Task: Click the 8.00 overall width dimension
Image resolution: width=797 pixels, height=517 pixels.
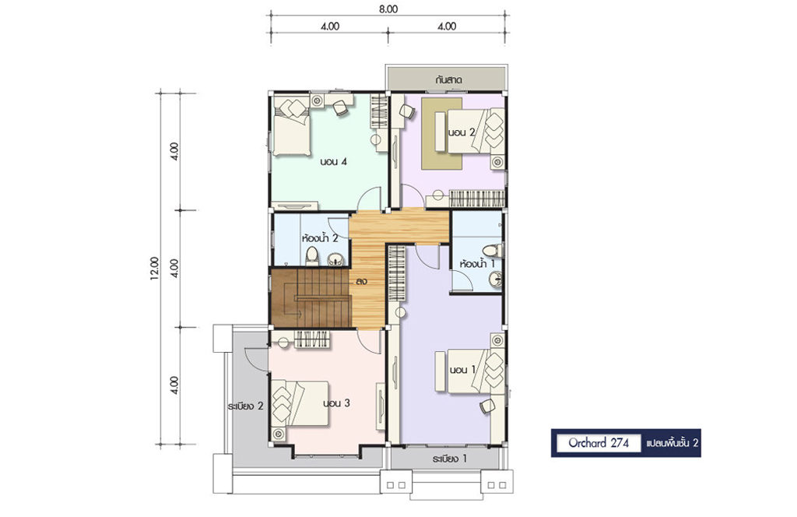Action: (388, 9)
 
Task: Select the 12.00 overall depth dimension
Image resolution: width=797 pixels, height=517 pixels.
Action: (155, 269)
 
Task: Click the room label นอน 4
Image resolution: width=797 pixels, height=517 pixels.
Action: (333, 162)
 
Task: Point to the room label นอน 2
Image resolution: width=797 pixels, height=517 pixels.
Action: (462, 132)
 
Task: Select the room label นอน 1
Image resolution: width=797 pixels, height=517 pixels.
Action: (462, 370)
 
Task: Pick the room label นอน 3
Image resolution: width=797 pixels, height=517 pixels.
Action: (336, 403)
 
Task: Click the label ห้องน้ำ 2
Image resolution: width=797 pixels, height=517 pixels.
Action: (320, 238)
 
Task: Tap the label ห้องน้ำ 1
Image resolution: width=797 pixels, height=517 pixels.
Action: (477, 264)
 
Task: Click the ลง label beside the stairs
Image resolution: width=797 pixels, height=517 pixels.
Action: (361, 280)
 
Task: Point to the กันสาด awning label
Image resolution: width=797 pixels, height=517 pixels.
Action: (448, 80)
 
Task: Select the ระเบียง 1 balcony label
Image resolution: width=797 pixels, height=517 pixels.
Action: (449, 459)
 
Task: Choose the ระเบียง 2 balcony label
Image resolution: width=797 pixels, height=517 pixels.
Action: (245, 406)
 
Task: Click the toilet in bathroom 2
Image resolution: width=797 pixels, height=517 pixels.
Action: (311, 256)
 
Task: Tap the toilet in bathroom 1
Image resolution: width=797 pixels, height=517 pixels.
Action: (492, 250)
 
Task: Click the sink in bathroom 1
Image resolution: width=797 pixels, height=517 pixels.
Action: (496, 280)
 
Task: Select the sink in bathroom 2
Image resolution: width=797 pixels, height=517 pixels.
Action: (335, 260)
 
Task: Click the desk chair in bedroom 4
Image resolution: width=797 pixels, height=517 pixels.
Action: (341, 107)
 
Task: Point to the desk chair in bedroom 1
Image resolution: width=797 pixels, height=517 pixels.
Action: (487, 406)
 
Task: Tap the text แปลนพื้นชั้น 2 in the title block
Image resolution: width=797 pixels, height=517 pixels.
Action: (672, 443)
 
